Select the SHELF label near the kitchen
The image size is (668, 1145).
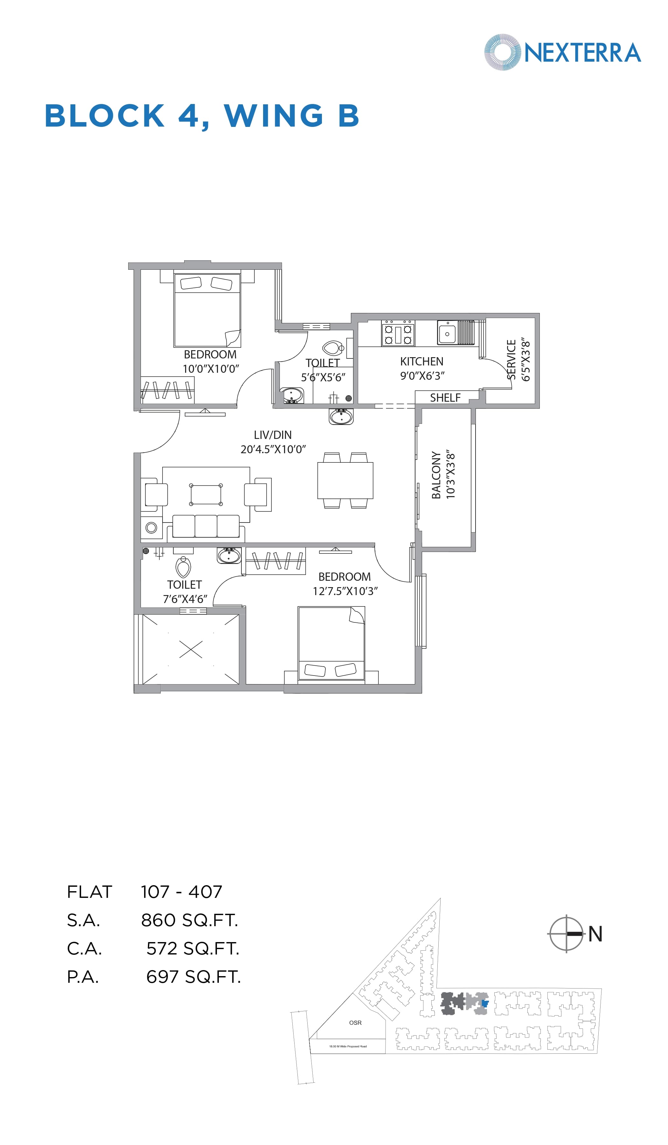coord(445,398)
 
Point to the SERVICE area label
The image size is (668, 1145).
coord(511,359)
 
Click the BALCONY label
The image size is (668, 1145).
coord(436,475)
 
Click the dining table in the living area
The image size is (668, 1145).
coord(345,480)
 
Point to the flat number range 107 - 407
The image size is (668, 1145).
coord(181,892)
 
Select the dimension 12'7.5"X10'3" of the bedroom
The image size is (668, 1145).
coord(345,591)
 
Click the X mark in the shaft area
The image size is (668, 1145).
coord(191,649)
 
